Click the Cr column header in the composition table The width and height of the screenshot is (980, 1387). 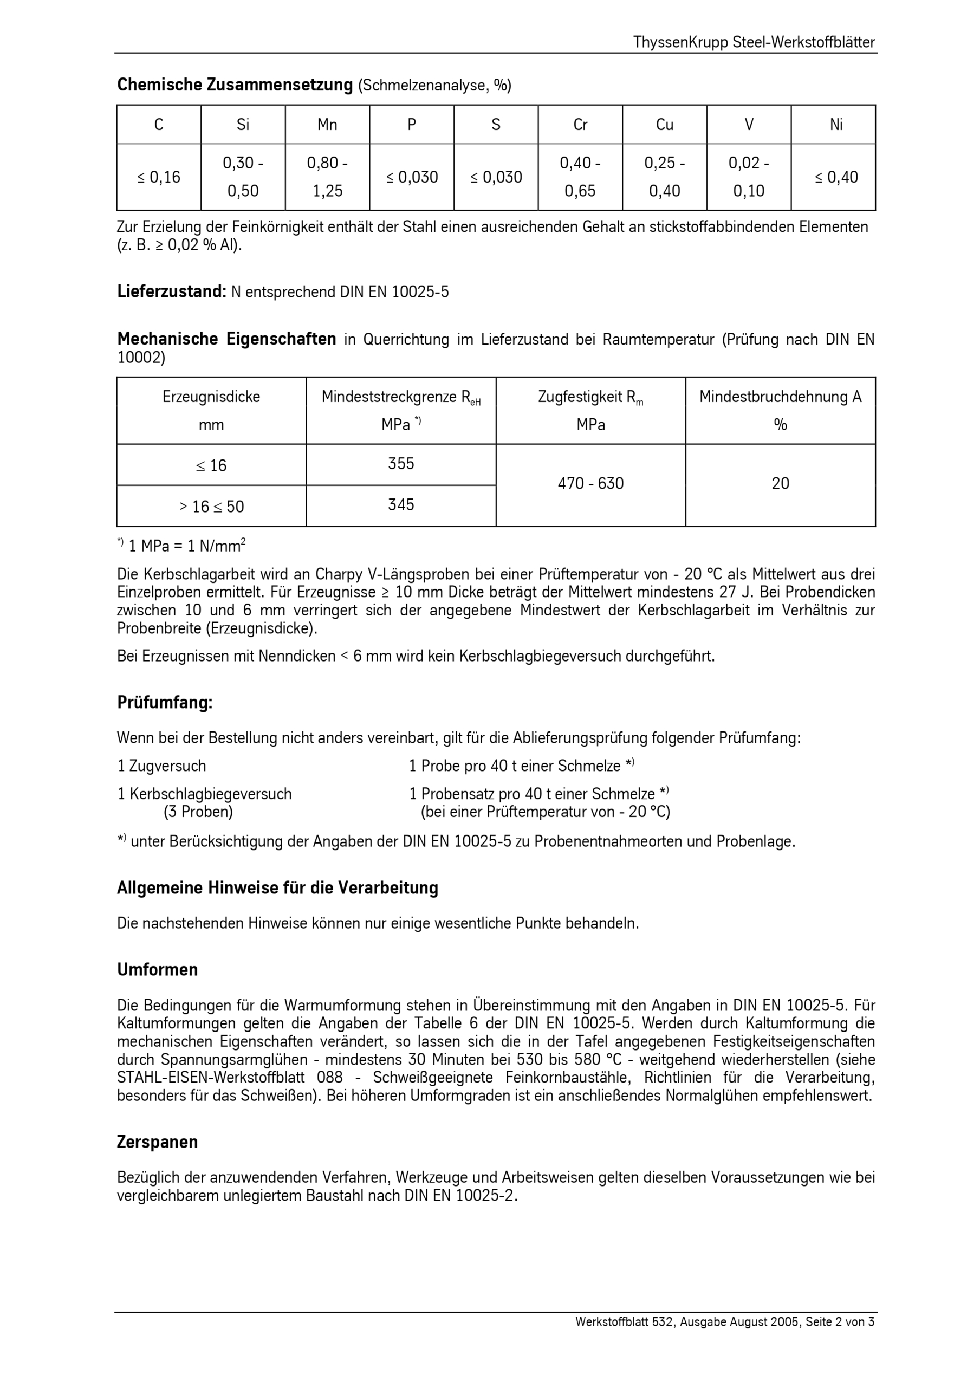(x=580, y=125)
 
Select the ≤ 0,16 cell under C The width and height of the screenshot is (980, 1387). (x=159, y=177)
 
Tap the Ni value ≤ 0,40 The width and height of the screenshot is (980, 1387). (x=835, y=177)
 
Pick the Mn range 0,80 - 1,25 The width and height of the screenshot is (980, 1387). (x=327, y=177)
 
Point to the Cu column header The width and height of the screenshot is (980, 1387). (x=664, y=125)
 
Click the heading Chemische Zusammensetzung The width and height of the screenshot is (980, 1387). (x=235, y=85)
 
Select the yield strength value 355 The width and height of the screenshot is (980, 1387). (x=400, y=464)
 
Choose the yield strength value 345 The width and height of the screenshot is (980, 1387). (x=400, y=505)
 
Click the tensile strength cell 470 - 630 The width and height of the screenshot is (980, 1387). (x=590, y=483)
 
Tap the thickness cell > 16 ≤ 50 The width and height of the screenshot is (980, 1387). (x=211, y=506)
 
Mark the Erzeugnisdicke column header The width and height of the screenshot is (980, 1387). (x=211, y=397)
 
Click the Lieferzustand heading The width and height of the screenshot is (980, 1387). (x=172, y=292)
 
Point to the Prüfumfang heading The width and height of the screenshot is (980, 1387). (x=165, y=703)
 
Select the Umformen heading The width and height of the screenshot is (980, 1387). (x=157, y=970)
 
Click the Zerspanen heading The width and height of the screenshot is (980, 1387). (x=157, y=1142)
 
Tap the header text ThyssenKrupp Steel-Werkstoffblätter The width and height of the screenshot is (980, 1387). (x=754, y=42)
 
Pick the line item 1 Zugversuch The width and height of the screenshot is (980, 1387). (x=161, y=766)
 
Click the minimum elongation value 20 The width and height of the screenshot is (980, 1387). (x=780, y=483)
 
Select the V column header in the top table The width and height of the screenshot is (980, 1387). (x=749, y=125)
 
